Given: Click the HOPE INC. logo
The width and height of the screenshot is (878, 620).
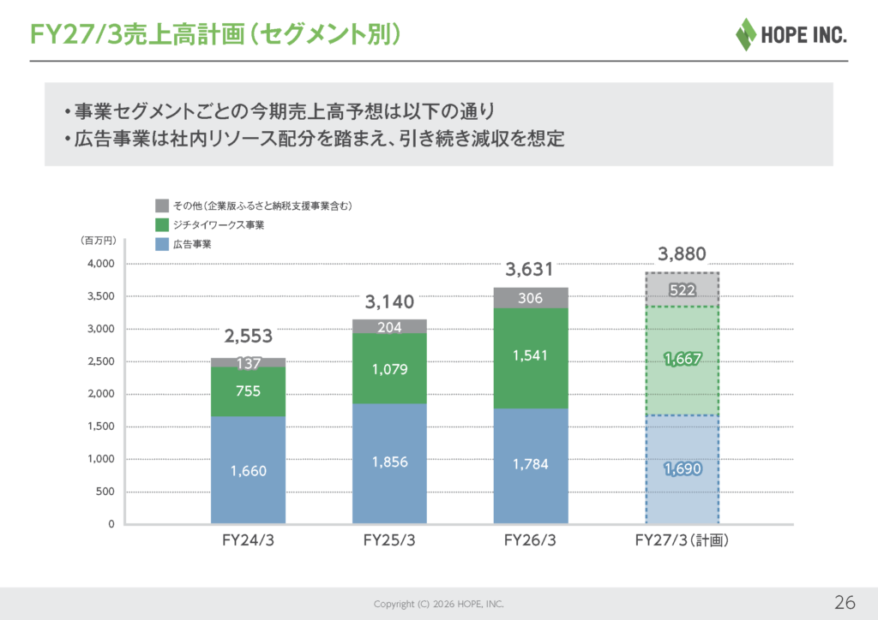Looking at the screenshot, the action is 791,34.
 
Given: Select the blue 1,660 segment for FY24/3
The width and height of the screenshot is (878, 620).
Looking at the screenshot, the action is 248,469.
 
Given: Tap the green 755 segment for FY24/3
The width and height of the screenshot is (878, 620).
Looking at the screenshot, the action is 248,391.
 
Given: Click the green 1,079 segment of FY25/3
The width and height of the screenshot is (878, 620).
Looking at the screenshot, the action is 389,368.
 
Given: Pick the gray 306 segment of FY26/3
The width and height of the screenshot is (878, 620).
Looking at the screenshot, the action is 530,298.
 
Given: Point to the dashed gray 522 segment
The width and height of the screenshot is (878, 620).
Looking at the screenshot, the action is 682,289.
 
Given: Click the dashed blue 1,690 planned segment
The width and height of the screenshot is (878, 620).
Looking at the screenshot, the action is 682,469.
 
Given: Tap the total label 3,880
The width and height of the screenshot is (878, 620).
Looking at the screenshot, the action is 682,254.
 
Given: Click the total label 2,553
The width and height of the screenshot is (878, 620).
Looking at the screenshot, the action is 248,336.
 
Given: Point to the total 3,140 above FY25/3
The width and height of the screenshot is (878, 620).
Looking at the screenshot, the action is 389,302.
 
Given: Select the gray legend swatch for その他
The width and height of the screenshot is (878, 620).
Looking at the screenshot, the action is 162,206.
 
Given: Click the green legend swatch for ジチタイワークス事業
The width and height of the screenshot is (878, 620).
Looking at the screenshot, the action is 162,224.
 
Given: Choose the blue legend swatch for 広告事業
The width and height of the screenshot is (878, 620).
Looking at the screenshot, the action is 162,244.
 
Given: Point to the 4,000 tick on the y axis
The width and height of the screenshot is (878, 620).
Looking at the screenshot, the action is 101,263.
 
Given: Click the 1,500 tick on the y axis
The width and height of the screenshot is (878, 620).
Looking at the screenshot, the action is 101,426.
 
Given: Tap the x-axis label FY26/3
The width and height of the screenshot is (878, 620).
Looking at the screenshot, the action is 530,540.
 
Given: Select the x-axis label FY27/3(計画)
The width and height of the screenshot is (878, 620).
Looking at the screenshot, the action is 682,540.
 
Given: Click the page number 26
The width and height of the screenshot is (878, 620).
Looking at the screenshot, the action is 845,602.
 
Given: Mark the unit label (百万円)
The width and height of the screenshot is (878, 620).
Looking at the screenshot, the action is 99,241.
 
